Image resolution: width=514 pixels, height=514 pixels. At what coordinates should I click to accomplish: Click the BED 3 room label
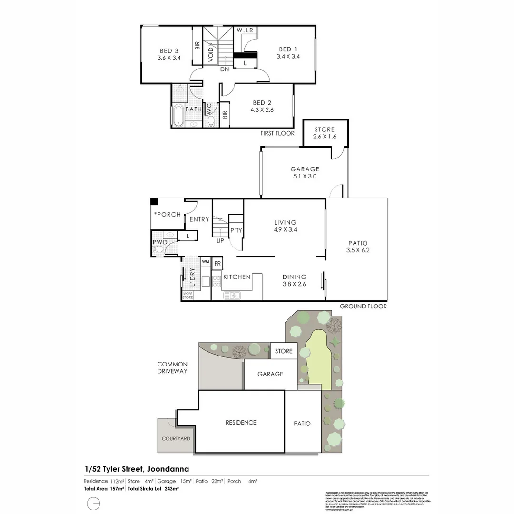tap(169, 51)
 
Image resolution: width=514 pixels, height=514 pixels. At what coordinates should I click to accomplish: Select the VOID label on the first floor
tap(211, 53)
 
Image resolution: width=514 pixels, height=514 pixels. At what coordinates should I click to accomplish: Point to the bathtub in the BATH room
tap(178, 116)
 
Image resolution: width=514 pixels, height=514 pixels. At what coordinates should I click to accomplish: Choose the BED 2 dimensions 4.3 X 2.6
tap(263, 110)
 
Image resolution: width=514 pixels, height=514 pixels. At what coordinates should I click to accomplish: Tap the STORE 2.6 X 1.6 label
tap(325, 136)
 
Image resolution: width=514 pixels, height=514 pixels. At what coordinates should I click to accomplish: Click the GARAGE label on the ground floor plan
tap(305, 169)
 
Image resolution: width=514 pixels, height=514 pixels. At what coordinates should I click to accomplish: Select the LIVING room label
tap(285, 222)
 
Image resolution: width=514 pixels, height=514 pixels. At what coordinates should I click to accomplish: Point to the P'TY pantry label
tap(236, 230)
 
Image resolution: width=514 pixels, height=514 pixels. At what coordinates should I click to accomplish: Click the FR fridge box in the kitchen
tap(217, 263)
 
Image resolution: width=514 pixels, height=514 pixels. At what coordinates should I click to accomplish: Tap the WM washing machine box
tap(206, 262)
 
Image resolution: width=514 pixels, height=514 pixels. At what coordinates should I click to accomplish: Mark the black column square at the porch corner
tap(154, 201)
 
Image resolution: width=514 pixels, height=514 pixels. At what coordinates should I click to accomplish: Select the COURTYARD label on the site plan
tap(176, 438)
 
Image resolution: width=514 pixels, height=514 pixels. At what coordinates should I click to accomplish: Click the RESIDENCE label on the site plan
tap(240, 423)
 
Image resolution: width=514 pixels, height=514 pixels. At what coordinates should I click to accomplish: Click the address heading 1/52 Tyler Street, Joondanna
tap(136, 469)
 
